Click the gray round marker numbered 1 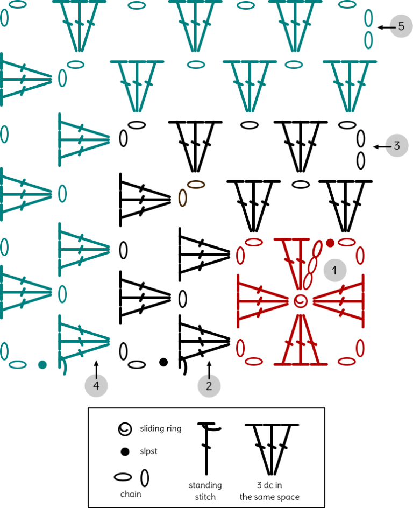coord(335,270)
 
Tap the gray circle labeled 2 coord(209,385)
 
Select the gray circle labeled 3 coord(397,145)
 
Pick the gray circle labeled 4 coord(96,385)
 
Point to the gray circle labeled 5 coord(401,26)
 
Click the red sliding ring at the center coord(301,301)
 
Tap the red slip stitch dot coord(330,243)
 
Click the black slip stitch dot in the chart coord(163,362)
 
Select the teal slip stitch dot coord(42,365)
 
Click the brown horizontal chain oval coord(196,185)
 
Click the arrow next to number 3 coord(382,147)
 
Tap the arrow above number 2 coord(209,370)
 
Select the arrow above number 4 coord(96,370)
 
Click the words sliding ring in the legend coord(161,428)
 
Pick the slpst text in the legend coord(148,451)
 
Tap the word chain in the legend coord(131,494)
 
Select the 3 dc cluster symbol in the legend coord(272,449)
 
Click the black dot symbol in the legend coord(125,451)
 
